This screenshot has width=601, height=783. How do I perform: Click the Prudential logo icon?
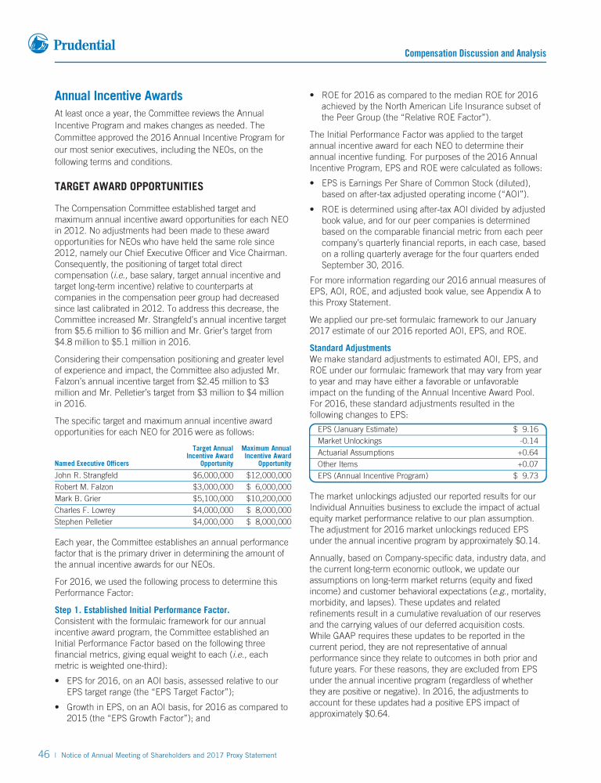coord(38,44)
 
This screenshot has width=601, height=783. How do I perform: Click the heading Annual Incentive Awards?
coord(118,96)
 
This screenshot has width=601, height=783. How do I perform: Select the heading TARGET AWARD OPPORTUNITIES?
coord(128,186)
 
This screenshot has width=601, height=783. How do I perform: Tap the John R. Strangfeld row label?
coord(86,474)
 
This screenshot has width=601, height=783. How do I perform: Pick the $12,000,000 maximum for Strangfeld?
coord(268,474)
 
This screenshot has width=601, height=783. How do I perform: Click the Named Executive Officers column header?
coord(92,463)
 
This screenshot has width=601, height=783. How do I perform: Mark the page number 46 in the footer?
coord(44,755)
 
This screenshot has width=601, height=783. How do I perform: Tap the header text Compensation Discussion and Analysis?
coord(475,53)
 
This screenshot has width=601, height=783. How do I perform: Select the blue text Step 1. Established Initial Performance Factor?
coord(142,610)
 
